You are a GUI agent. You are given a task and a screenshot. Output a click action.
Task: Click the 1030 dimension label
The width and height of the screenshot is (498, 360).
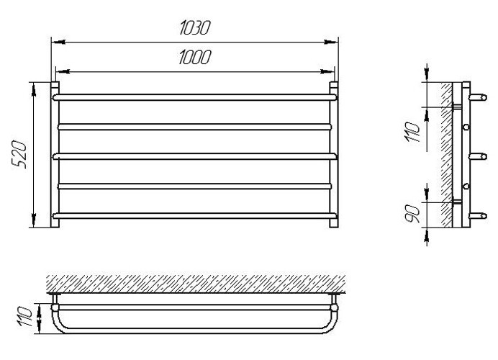point(195,27)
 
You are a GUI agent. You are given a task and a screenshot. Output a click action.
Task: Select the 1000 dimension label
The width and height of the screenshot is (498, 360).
point(195,57)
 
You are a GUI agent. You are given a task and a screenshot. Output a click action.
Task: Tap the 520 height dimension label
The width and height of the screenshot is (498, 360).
point(19,154)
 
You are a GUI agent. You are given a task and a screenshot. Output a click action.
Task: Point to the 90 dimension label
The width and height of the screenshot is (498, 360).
point(413,214)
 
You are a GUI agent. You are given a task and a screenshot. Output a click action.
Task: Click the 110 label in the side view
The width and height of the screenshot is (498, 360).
point(412,132)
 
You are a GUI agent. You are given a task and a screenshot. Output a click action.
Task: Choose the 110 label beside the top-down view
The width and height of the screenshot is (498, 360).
point(25,317)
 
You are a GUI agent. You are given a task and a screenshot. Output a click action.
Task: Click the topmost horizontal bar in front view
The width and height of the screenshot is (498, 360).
point(194,97)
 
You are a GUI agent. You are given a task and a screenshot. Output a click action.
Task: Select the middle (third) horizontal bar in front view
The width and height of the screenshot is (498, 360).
point(194,156)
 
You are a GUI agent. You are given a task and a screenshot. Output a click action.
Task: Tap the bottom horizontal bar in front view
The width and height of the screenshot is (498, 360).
point(194,216)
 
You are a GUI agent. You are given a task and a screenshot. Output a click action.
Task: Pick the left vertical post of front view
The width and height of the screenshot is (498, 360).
point(55,155)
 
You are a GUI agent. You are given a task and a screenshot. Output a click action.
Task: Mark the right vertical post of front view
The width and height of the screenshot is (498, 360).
point(334,155)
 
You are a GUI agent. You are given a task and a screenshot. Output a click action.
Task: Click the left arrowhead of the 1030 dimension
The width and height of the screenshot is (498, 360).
point(58,42)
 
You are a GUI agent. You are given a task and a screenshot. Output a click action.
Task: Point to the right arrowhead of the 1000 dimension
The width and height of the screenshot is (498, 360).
point(327,71)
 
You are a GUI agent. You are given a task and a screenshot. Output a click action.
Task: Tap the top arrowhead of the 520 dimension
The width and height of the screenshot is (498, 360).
point(34,89)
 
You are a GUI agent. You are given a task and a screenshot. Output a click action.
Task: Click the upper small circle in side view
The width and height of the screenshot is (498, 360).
point(466,127)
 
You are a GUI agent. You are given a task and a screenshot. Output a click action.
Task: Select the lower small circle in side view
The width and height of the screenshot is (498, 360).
point(466,186)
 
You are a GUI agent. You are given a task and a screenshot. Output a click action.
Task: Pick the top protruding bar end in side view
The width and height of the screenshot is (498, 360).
point(478,97)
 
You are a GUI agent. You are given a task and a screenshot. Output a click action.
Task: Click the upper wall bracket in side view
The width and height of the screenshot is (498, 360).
point(457,107)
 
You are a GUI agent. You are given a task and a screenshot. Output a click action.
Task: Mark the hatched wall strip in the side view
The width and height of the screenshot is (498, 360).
point(446,155)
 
